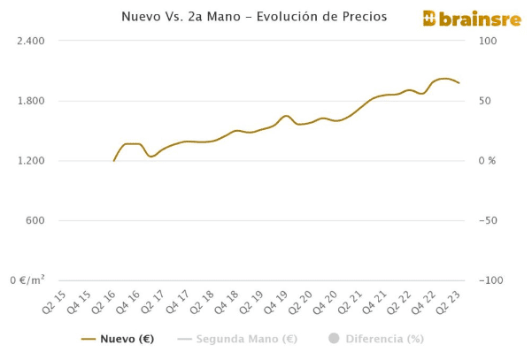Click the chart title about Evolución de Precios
(266, 17)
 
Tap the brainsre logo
(459, 18)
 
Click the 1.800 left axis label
(30, 101)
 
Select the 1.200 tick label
(30, 161)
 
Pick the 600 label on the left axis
(34, 220)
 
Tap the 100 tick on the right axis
(488, 41)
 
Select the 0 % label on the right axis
(488, 161)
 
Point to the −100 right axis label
(491, 280)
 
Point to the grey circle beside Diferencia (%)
(334, 338)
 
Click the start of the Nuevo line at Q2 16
(114, 160)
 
